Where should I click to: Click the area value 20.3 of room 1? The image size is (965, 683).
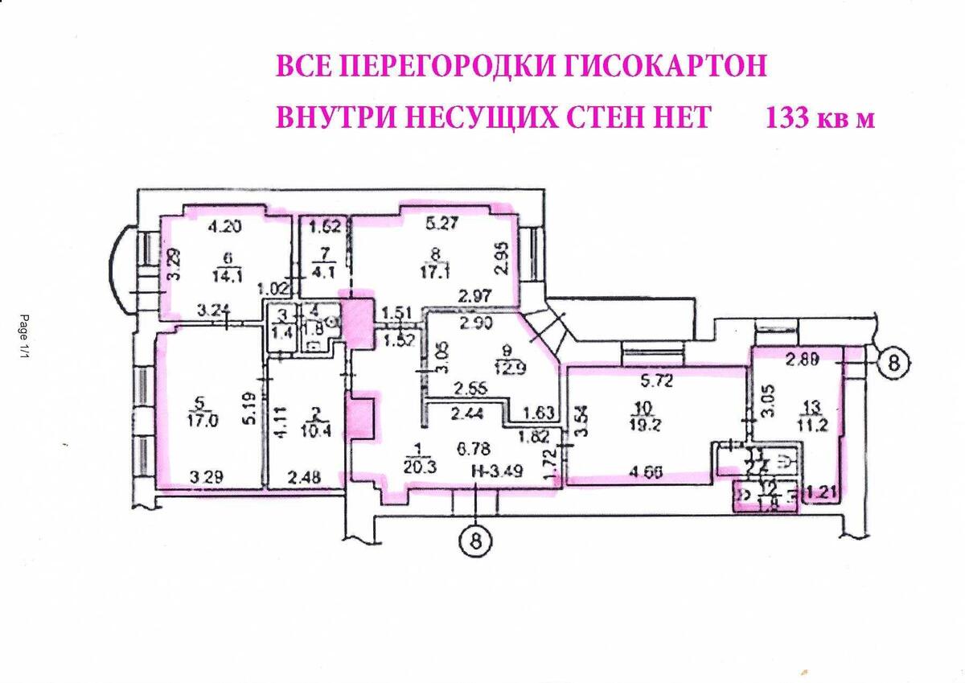(x=417, y=472)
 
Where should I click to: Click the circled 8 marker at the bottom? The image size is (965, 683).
(x=476, y=541)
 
